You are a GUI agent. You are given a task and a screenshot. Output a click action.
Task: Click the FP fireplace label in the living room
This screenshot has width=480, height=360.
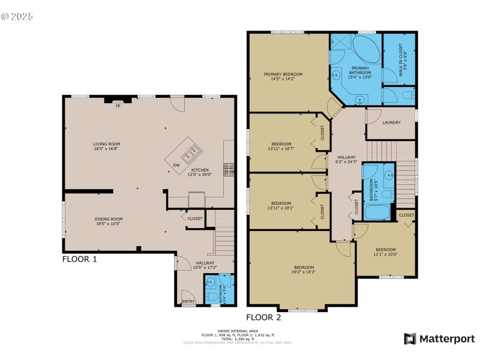click(118, 107)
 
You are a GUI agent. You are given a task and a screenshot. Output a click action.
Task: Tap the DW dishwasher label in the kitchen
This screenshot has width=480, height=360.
click(176, 165)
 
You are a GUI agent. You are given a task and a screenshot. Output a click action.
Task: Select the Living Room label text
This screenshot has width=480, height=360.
click(106, 146)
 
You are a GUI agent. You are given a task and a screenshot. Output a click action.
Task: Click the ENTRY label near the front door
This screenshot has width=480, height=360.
click(188, 302)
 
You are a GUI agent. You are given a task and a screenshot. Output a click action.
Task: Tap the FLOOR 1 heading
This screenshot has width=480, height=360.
click(79, 260)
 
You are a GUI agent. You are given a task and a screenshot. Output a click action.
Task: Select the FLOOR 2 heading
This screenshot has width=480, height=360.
click(263, 317)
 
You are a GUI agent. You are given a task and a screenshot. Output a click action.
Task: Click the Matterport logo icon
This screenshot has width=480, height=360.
click(411, 339)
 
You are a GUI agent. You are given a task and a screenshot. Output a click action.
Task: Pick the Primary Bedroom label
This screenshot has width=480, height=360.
click(283, 76)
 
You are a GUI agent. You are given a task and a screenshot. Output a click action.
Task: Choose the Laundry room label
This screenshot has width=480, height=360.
click(391, 123)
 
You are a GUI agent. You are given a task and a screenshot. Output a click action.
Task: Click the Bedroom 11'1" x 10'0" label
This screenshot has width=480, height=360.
click(385, 252)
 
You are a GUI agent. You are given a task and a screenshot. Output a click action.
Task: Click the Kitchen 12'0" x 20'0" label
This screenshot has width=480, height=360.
click(200, 173)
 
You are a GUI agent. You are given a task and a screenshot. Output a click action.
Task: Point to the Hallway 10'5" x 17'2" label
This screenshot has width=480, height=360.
click(205, 265)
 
